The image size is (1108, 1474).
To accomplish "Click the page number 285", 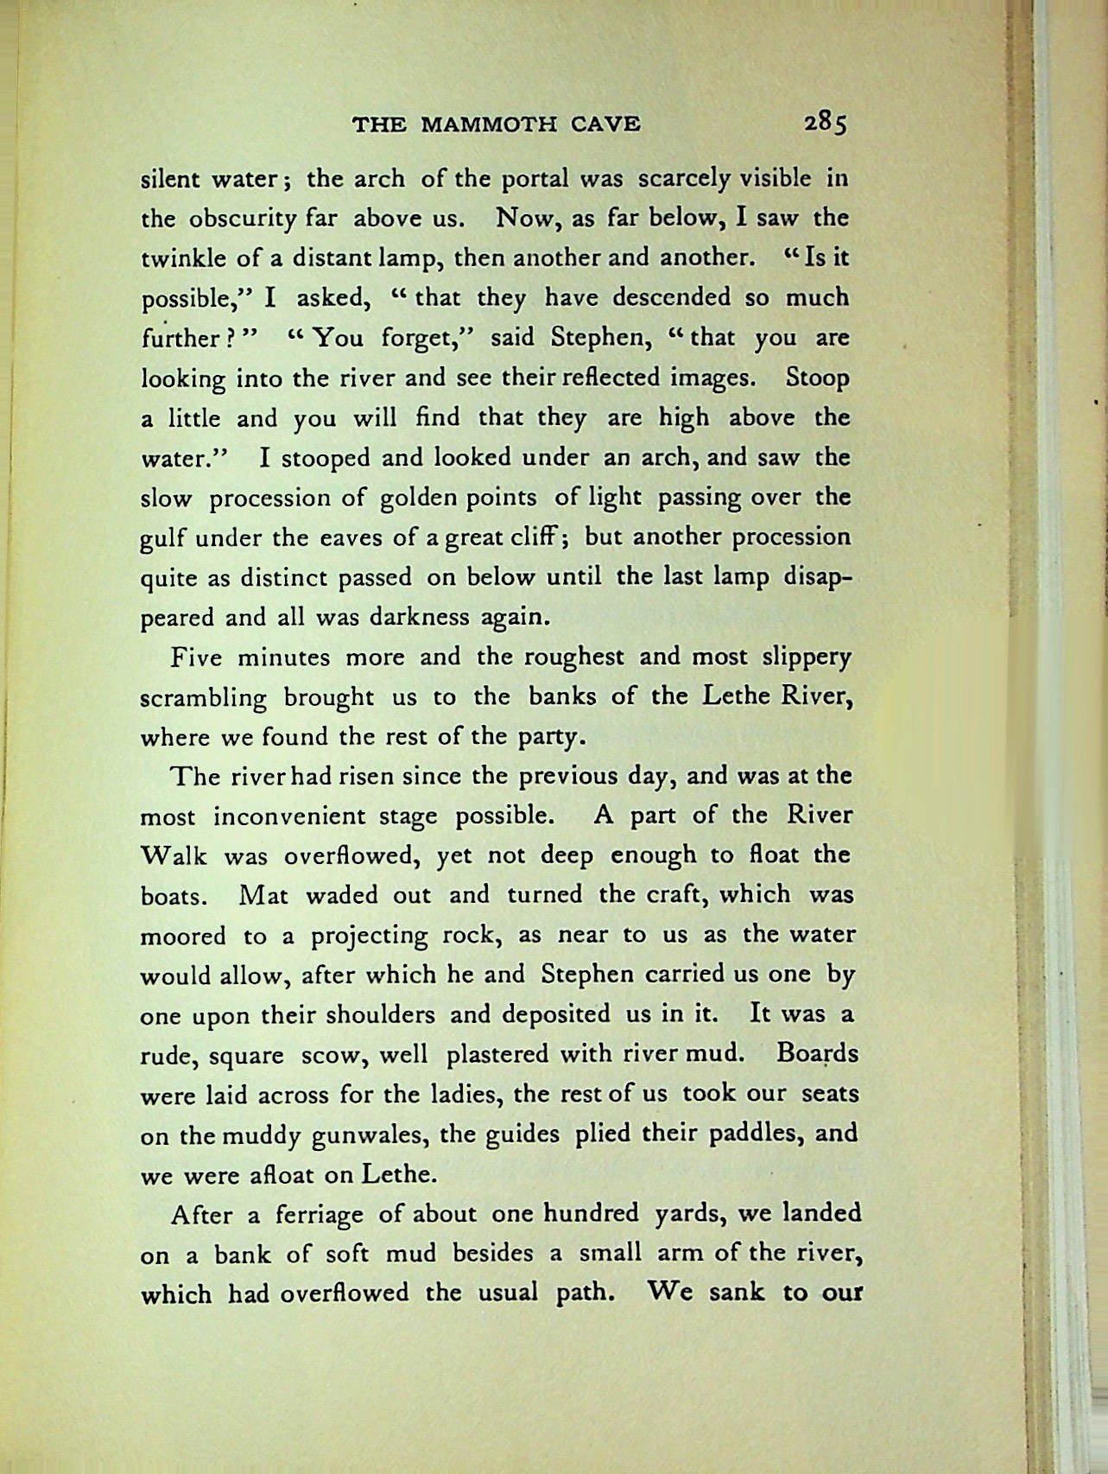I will pos(826,123).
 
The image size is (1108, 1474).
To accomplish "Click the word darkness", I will pos(418,617).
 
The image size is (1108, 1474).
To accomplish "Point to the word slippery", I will pos(807,658).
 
